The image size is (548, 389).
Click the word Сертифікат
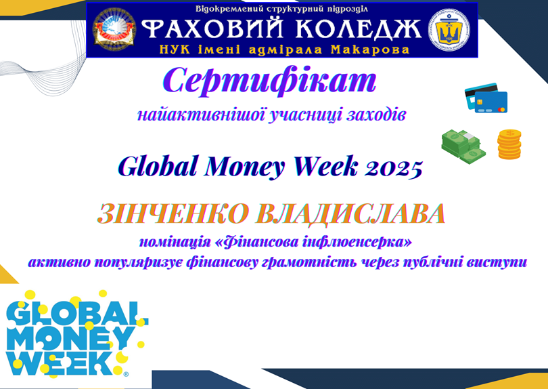point(269,82)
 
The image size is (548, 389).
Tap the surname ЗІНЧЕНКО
point(173,213)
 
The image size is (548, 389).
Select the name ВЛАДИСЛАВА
point(350,214)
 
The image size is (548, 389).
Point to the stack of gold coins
point(509,144)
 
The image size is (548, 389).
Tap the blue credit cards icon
point(486,98)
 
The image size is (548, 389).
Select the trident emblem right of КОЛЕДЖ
point(449,30)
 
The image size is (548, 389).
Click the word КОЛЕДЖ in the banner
point(358,28)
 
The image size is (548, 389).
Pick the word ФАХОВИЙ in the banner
point(212,28)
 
